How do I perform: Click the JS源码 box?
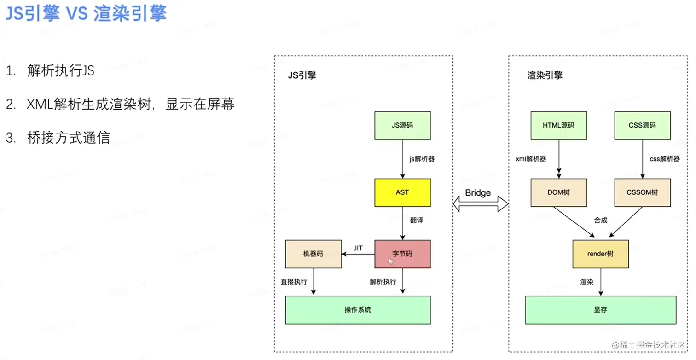tap(402, 125)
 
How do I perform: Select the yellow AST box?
tap(402, 192)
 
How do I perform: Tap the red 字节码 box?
tap(402, 254)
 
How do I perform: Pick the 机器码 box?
tap(313, 254)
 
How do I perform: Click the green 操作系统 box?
tap(358, 310)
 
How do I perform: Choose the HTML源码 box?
tap(558, 125)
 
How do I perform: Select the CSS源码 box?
tap(642, 125)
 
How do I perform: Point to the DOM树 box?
tap(558, 192)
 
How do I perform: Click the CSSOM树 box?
tap(642, 192)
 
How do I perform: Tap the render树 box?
tap(600, 254)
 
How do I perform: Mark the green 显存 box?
tap(600, 310)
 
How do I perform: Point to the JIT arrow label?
tap(358, 248)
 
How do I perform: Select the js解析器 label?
tap(422, 159)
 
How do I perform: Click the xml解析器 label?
tap(531, 159)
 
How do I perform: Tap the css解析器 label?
tap(664, 159)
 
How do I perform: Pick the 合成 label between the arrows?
tap(600, 220)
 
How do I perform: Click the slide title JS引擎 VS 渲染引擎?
tap(86, 14)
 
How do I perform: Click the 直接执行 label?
tap(294, 281)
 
